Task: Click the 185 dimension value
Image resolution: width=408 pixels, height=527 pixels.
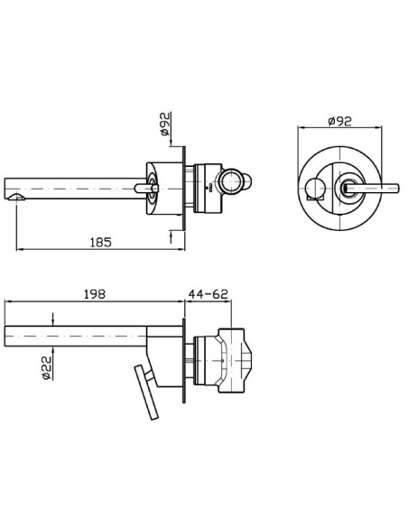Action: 101,242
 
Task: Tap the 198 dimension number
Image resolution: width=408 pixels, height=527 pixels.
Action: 95,294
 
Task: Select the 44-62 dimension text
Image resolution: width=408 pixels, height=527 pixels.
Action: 208,294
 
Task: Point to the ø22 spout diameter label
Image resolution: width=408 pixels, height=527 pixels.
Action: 47,367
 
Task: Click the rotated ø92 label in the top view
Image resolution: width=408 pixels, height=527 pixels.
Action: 165,124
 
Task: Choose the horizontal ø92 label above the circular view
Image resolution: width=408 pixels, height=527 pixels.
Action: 339,121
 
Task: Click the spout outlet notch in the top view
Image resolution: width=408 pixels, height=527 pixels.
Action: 16,197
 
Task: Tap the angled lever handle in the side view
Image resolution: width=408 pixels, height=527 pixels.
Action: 146,393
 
